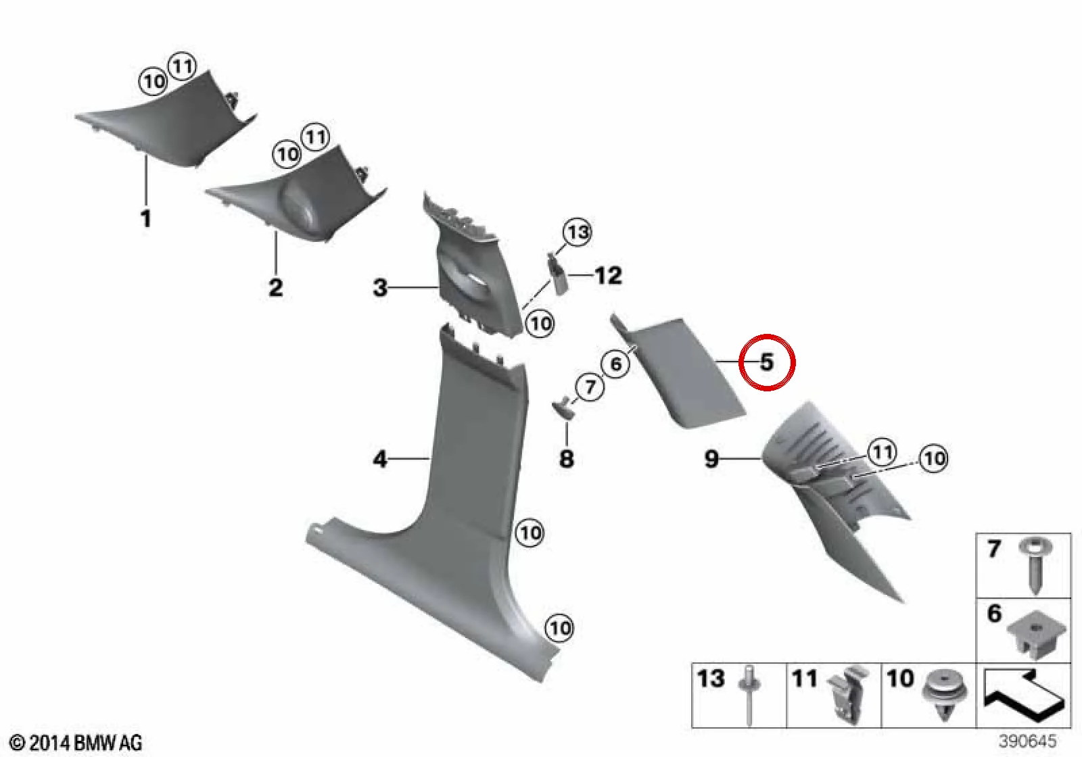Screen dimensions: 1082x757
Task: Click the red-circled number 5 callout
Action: [x=767, y=362]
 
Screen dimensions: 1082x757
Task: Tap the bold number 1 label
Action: [x=145, y=218]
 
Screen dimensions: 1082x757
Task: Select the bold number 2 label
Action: [x=275, y=287]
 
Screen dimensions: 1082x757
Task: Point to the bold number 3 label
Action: [x=380, y=287]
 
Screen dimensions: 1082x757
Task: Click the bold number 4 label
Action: [x=380, y=459]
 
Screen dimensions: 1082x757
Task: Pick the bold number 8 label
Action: [x=567, y=459]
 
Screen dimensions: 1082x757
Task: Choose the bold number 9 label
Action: [x=711, y=458]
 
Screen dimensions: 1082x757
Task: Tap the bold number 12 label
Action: [x=608, y=276]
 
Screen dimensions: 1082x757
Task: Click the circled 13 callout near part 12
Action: [x=578, y=233]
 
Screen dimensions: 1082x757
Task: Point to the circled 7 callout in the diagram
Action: [x=590, y=387]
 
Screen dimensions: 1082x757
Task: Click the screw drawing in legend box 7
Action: [x=1035, y=571]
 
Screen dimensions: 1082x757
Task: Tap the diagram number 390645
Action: [x=1028, y=741]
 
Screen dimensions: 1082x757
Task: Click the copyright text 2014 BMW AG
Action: [x=76, y=742]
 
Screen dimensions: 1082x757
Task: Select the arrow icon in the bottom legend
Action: [x=1024, y=695]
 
